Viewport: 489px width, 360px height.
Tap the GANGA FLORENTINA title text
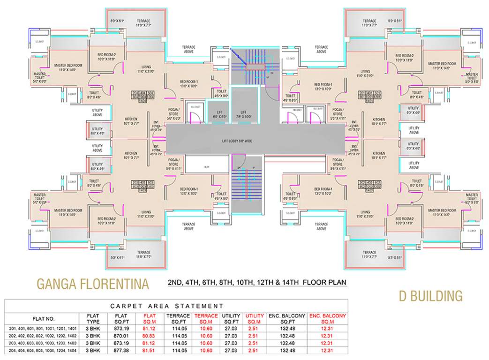[x=93, y=284]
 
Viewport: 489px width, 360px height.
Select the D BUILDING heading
[x=430, y=296]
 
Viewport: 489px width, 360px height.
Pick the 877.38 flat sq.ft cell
[x=121, y=350]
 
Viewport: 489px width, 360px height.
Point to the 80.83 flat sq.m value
[x=149, y=336]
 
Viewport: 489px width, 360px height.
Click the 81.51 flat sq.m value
[x=149, y=350]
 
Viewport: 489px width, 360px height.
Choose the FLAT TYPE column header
[x=93, y=319]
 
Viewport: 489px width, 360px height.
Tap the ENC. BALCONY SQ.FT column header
[x=286, y=319]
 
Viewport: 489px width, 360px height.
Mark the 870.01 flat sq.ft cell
[x=121, y=336]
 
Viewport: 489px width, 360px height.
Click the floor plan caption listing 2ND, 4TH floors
[x=257, y=283]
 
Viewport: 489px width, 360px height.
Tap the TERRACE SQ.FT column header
[x=178, y=319]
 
